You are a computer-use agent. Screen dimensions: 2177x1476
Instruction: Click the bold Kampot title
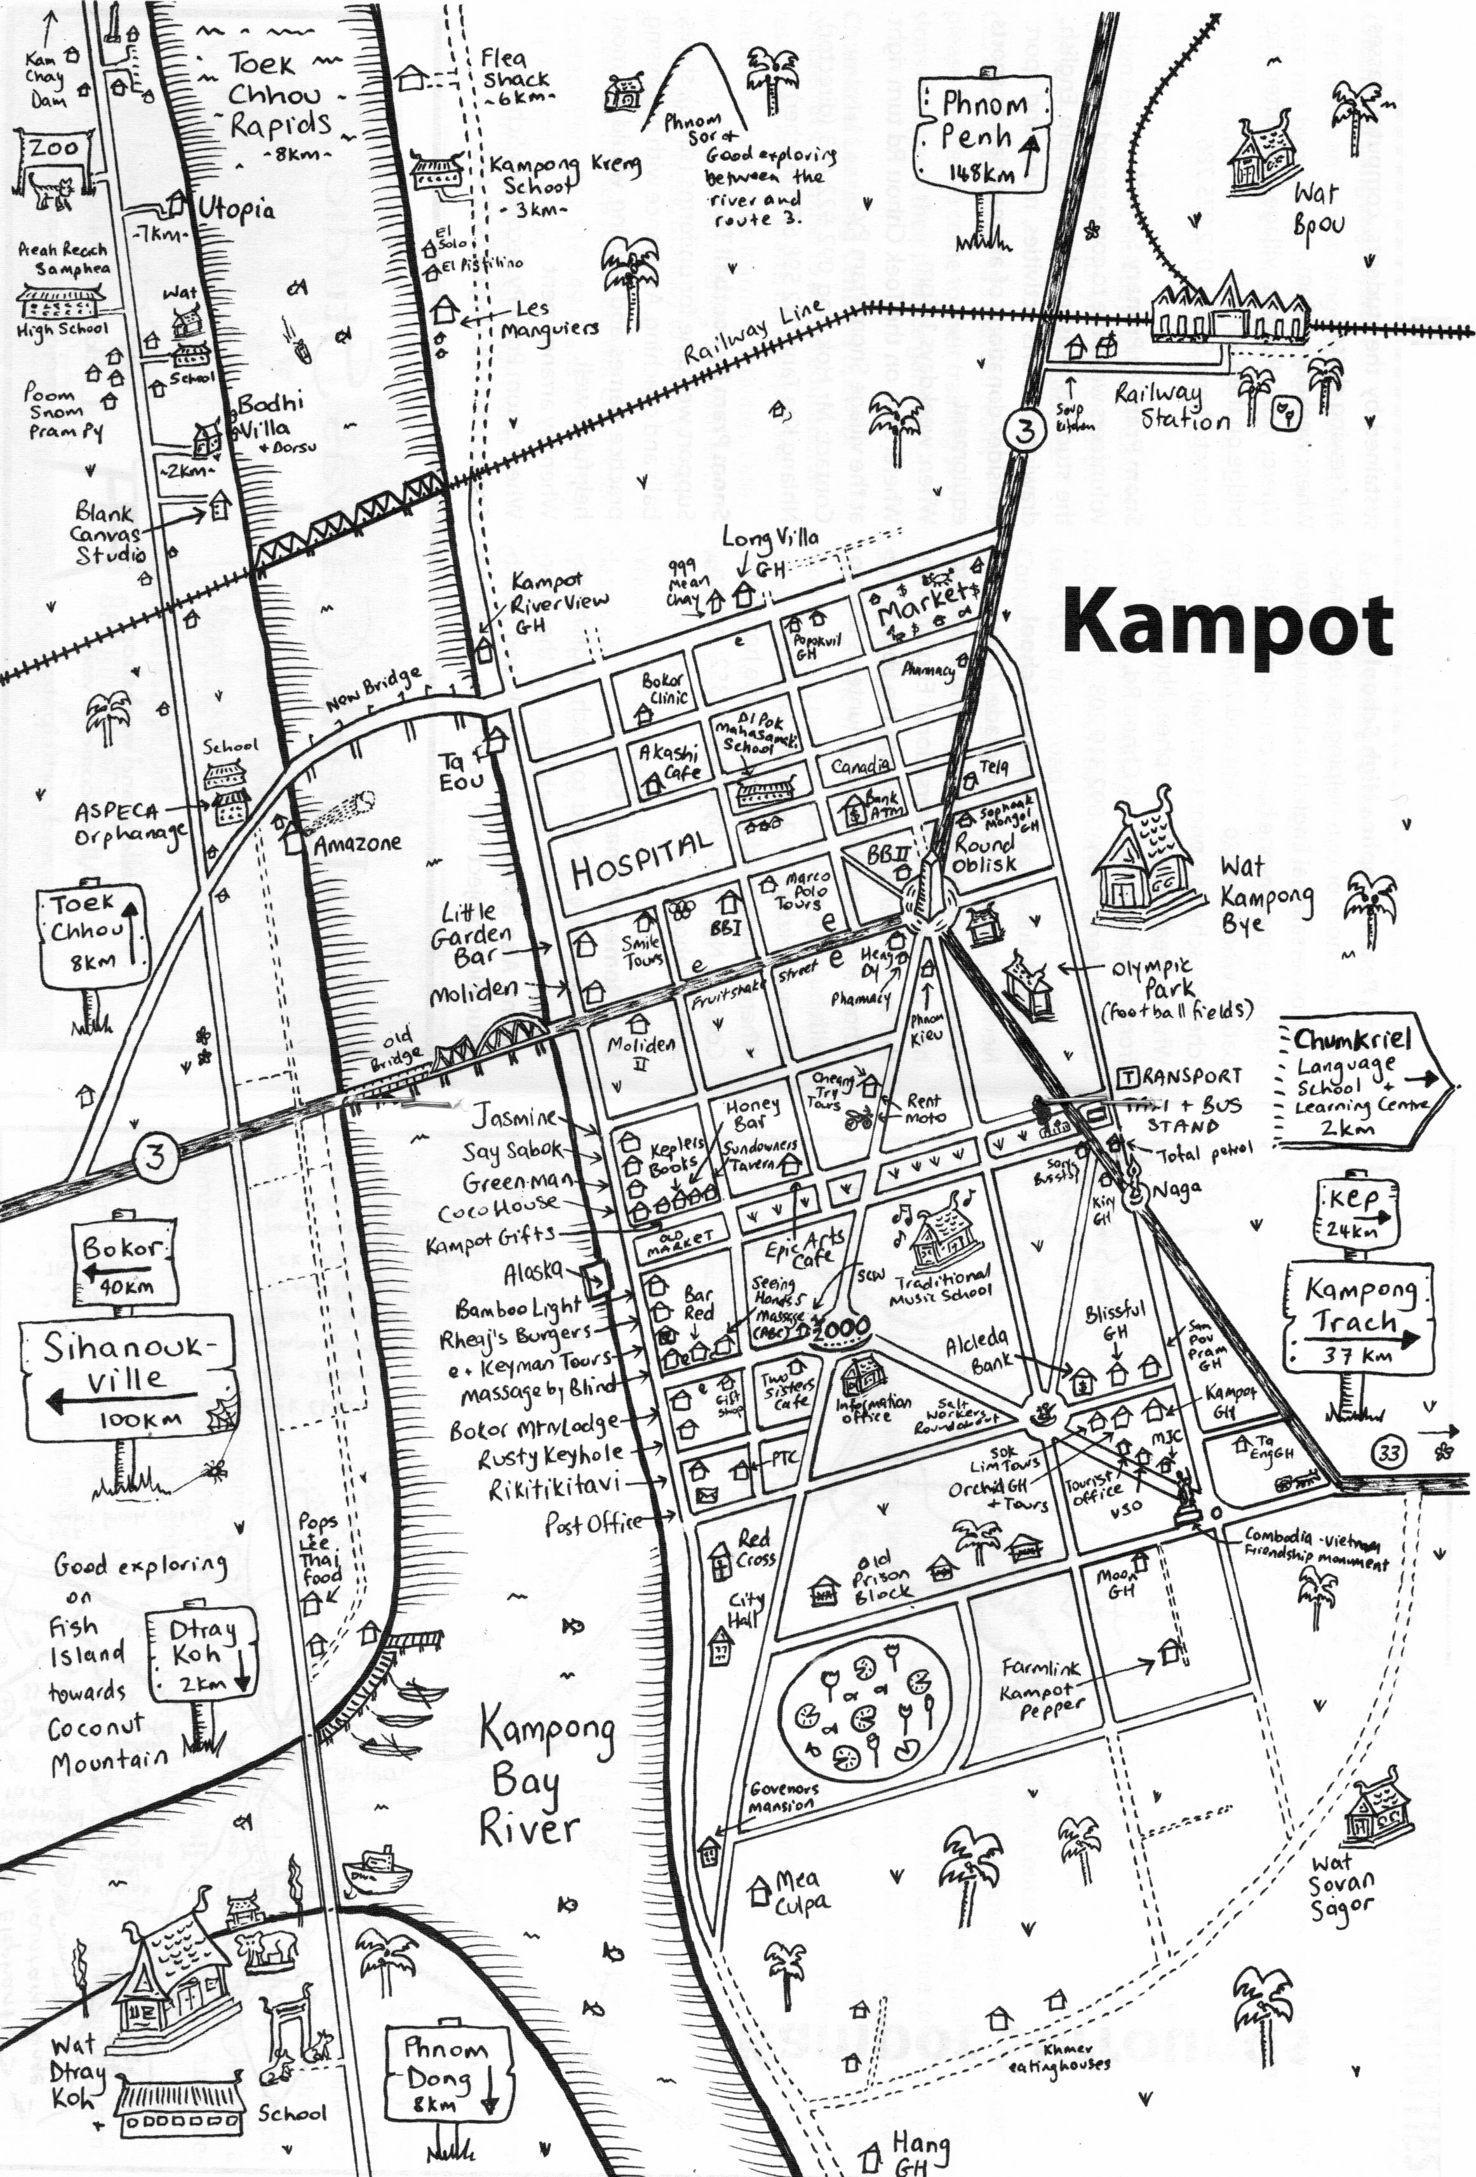click(1228, 627)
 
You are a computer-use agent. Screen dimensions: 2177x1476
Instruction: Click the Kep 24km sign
click(1356, 1212)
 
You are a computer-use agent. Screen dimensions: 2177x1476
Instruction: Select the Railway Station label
click(1171, 407)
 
